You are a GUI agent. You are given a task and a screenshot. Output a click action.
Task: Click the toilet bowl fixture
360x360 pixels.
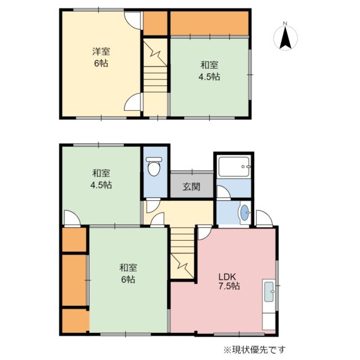[x=154, y=166]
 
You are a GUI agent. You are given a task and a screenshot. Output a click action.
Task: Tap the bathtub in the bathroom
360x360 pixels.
[x=234, y=166]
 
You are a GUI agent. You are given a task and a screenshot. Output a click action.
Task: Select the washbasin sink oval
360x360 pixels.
[x=245, y=213]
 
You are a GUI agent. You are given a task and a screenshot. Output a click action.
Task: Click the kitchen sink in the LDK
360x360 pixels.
[x=269, y=291]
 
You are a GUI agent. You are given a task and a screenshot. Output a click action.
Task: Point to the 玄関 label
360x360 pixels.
[x=191, y=186]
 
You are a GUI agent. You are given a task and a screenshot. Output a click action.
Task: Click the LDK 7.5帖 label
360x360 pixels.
[x=229, y=281]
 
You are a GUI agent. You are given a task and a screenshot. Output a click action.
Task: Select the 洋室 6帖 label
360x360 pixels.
[x=101, y=57]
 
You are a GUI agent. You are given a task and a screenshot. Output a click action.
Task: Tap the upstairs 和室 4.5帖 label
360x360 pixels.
[x=209, y=71]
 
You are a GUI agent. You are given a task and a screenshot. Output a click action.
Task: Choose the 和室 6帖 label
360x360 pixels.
[x=128, y=273]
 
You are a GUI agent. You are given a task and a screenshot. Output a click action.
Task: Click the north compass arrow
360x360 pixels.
[x=285, y=38]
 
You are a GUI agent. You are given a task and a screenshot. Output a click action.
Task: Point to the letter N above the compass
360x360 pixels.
[x=285, y=23]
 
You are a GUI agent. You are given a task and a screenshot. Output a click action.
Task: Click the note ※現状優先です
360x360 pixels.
[x=255, y=350]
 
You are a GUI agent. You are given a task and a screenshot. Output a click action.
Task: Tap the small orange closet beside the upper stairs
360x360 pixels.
[x=155, y=24]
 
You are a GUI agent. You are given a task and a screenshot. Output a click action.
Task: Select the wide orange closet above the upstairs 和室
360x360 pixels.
[x=209, y=24]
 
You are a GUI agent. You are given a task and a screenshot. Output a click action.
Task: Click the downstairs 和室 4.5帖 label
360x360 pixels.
[x=101, y=179]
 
